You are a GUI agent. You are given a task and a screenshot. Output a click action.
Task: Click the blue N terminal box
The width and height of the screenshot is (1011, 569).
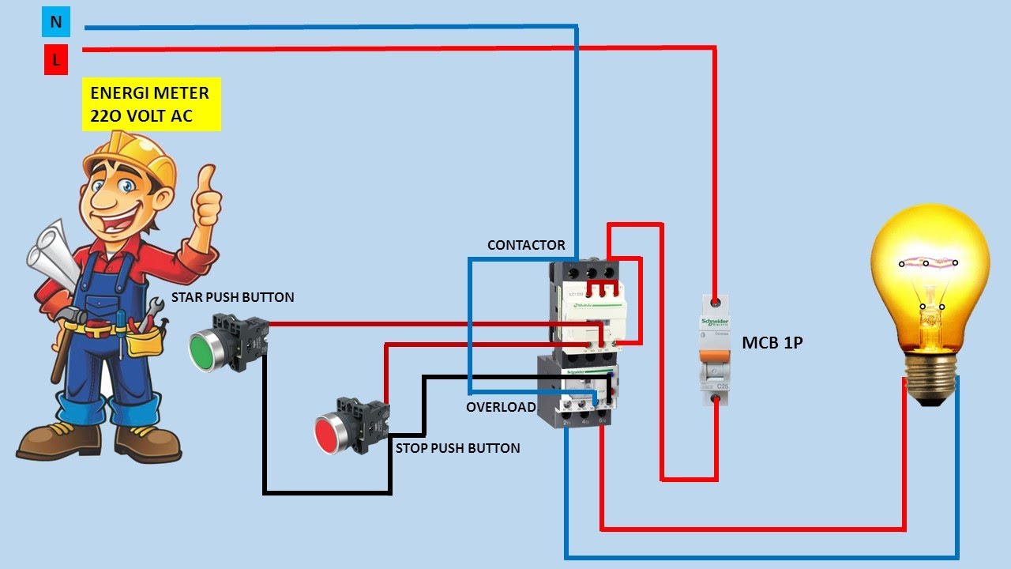(56, 22)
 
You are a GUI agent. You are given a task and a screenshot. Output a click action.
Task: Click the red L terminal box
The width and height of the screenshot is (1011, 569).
(56, 59)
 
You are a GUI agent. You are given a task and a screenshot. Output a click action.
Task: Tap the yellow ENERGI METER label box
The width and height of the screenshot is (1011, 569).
(150, 104)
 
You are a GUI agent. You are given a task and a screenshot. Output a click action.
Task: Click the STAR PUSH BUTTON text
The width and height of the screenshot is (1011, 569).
(233, 298)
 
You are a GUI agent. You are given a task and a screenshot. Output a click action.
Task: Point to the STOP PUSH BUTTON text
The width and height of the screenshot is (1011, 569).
(457, 448)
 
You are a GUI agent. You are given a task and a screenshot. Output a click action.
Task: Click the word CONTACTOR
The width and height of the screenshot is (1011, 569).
(526, 245)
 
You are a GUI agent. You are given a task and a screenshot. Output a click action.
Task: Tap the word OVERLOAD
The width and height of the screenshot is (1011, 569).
(501, 408)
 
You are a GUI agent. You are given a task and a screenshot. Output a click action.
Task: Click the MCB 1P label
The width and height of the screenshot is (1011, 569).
(772, 343)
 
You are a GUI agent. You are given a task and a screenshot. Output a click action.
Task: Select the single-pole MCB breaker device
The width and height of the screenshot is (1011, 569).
(715, 351)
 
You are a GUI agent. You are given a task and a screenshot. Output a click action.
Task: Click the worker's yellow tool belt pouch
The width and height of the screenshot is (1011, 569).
(146, 341)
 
